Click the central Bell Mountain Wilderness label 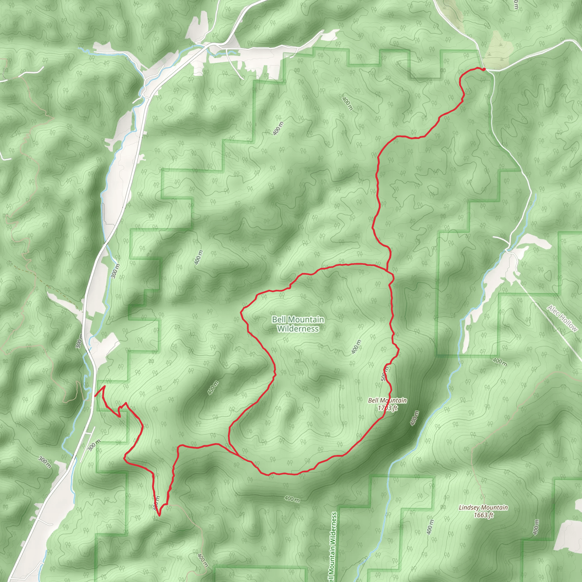[298, 324]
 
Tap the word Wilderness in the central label [298, 329]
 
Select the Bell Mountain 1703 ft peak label [387, 404]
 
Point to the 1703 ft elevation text [387, 408]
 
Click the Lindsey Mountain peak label [483, 511]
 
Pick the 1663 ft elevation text [483, 515]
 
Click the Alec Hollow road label [562, 318]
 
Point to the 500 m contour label [385, 373]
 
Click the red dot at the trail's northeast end [484, 69]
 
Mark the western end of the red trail [95, 396]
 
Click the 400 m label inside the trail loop [356, 347]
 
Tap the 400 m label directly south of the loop [292, 499]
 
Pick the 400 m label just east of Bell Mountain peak [415, 418]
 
